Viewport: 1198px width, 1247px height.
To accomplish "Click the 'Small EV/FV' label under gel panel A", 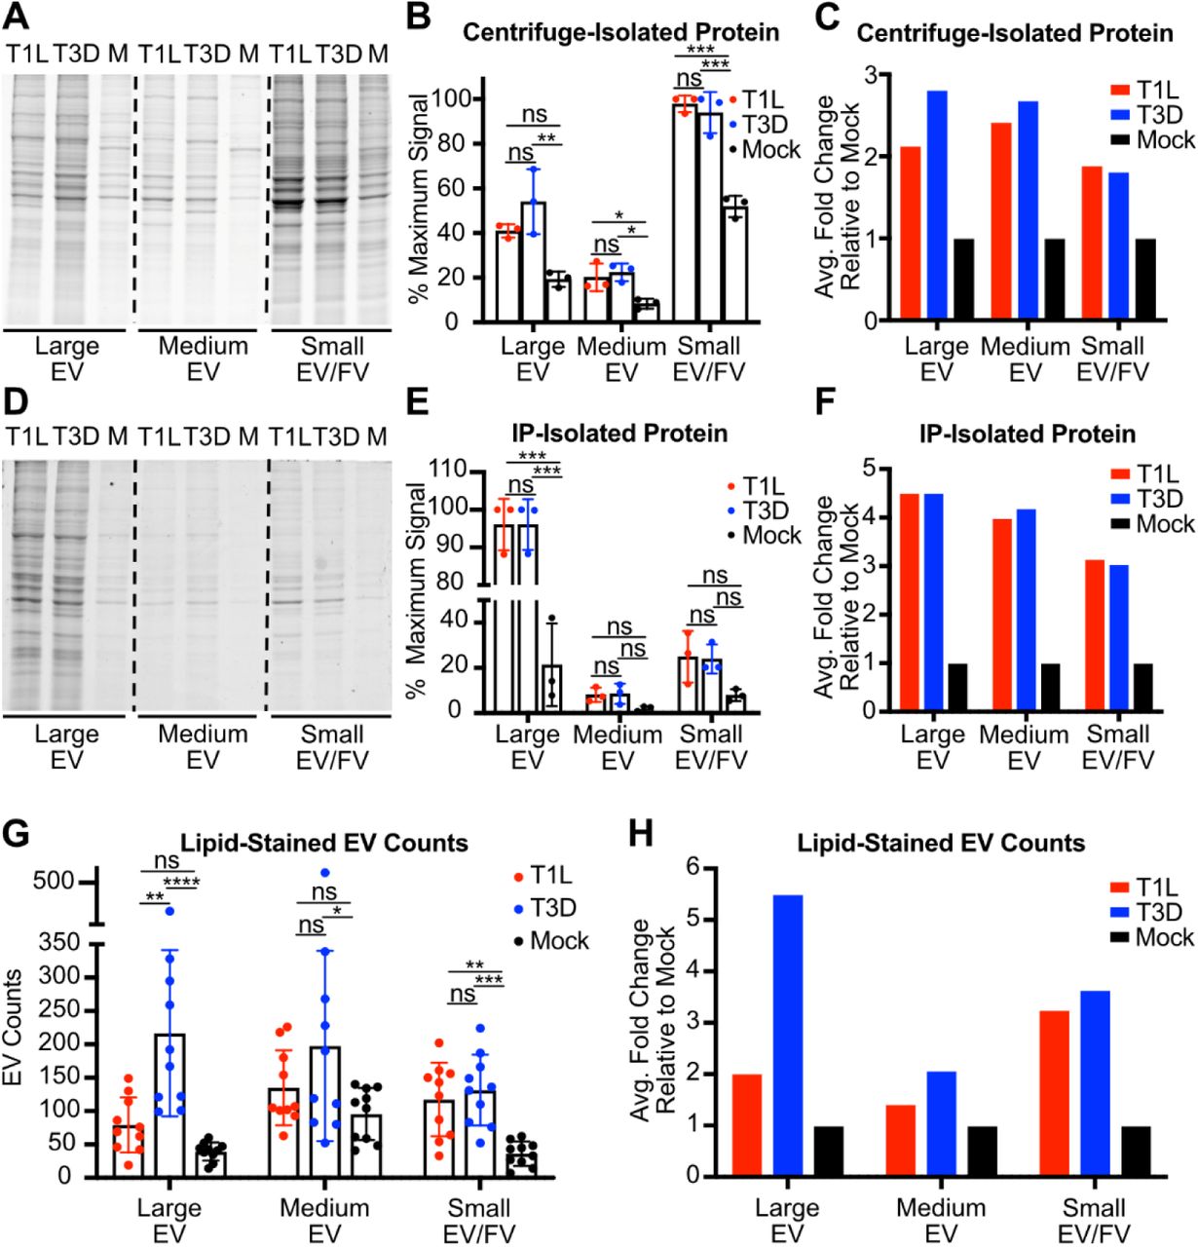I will [331, 358].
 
